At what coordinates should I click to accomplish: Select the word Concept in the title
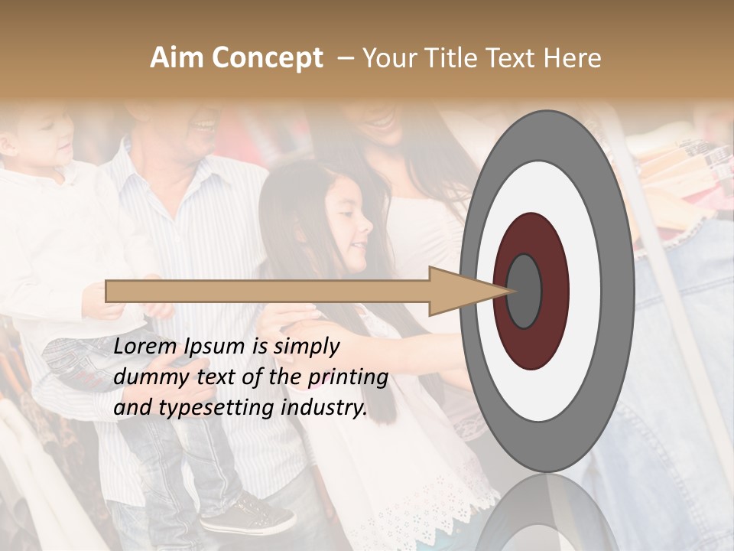pos(268,59)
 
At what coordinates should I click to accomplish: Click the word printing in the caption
pos(349,378)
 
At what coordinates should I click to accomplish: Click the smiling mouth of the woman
pos(378,120)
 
